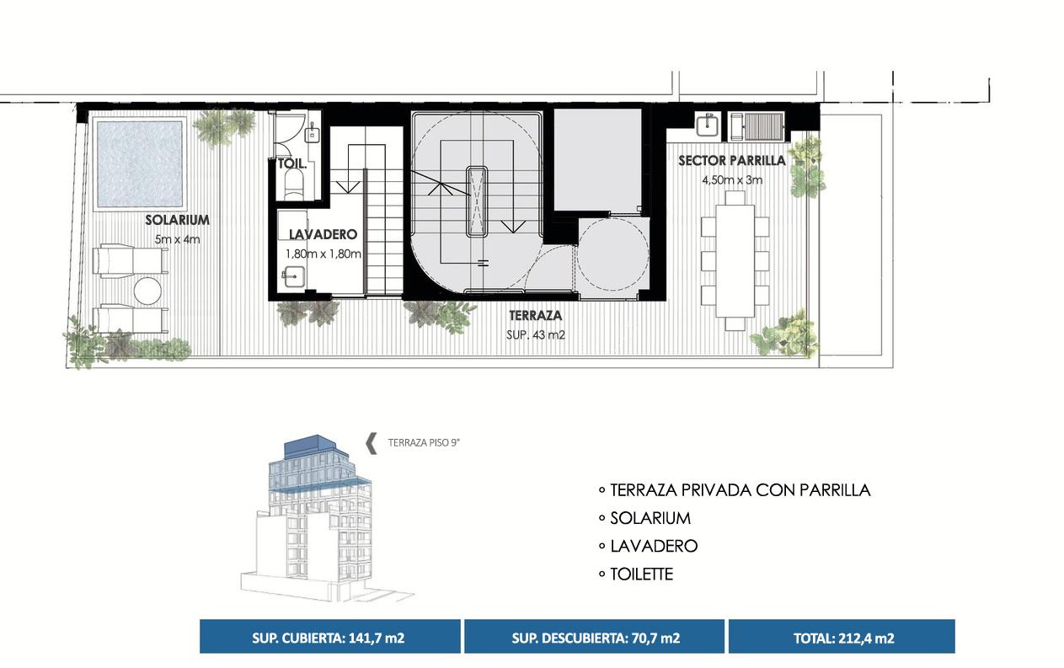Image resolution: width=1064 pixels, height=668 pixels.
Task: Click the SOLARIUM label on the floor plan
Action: pos(177,220)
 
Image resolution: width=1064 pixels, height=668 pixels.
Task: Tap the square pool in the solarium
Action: pos(140,164)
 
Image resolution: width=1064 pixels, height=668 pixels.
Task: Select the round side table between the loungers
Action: pos(147,291)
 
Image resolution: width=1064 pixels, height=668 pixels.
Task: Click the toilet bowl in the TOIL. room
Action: pos(294,184)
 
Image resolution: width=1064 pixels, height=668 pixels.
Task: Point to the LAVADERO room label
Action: pos(323,234)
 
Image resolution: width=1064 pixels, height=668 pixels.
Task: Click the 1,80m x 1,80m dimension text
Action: pos(323,254)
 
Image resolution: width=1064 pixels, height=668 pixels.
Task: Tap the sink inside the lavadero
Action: pos(294,277)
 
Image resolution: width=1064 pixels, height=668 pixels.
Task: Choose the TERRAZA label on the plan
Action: pos(535,316)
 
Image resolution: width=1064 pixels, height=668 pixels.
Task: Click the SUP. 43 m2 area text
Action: pos(535,335)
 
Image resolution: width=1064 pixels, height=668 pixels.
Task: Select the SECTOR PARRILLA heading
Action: pos(731,161)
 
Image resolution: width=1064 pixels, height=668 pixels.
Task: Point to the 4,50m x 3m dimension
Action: pos(732,180)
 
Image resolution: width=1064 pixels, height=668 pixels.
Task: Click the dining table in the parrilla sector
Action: pos(735,261)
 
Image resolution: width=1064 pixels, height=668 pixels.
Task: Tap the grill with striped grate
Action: pos(757,126)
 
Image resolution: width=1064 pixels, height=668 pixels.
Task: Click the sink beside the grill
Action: pos(708,125)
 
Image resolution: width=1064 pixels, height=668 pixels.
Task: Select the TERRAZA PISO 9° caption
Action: pos(424,443)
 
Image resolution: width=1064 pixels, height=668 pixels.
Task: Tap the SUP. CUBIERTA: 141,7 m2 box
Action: pos(329,637)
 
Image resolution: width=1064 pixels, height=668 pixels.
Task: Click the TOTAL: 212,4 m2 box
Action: pos(842,637)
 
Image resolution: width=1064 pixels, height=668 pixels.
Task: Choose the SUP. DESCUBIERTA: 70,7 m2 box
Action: pos(594,637)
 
